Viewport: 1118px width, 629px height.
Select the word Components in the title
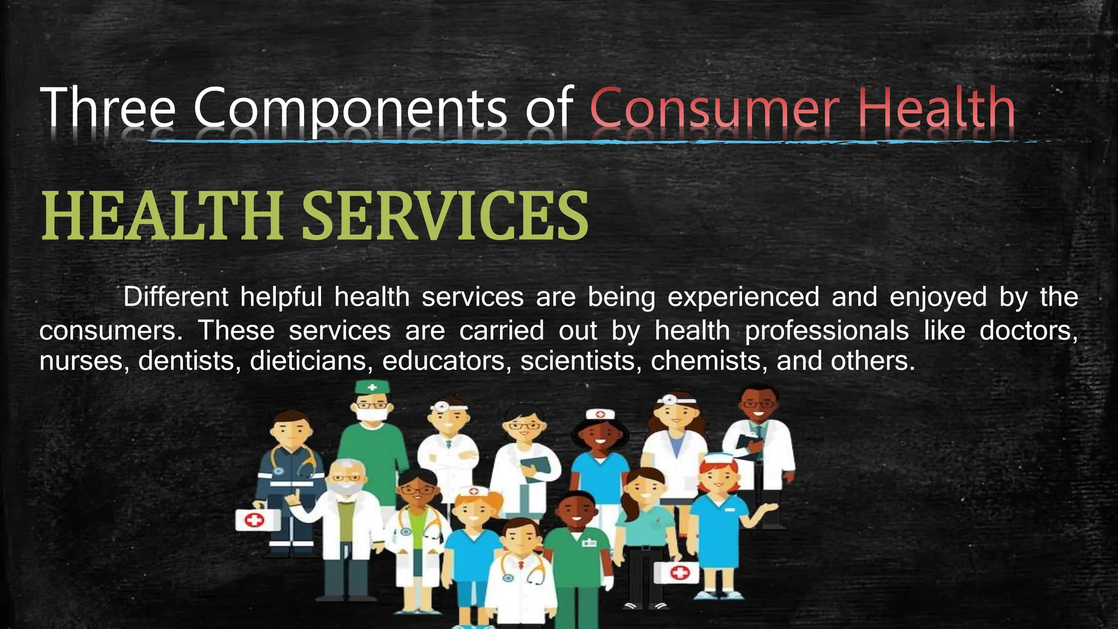click(x=350, y=109)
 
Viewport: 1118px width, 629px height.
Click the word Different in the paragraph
click(x=176, y=298)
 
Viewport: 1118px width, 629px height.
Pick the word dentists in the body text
click(x=186, y=361)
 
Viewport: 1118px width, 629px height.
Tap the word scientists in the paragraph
click(x=579, y=361)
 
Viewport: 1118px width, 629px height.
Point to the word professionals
click(x=826, y=331)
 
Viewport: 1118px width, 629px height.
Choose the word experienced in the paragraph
click(x=744, y=298)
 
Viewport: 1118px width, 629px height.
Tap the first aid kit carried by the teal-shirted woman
click(x=676, y=573)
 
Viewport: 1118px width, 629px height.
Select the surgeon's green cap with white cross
click(x=372, y=388)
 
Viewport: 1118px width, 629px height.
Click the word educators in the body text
click(x=443, y=361)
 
